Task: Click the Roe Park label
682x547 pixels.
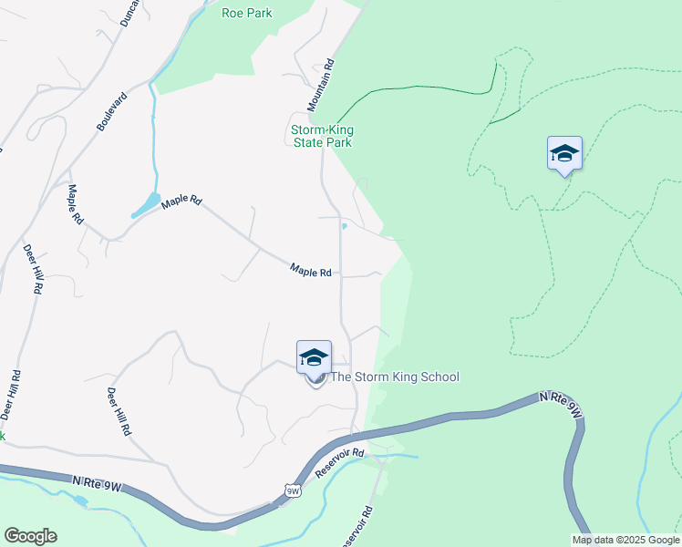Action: [246, 13]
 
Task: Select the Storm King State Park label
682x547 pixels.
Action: [321, 136]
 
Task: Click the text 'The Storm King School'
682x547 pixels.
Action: [394, 377]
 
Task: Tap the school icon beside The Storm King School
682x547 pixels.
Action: [314, 356]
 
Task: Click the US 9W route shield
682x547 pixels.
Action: [293, 491]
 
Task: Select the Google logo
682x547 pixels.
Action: [30, 536]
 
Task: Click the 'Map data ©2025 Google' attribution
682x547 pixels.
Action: [625, 540]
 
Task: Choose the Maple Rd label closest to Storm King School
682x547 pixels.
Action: [310, 270]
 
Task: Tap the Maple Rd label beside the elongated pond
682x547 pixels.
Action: [181, 201]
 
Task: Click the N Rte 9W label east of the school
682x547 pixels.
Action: [561, 405]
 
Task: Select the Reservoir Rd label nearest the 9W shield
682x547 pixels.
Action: [340, 464]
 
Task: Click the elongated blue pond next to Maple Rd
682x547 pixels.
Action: [146, 204]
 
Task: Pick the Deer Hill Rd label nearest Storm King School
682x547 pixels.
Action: [118, 411]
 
